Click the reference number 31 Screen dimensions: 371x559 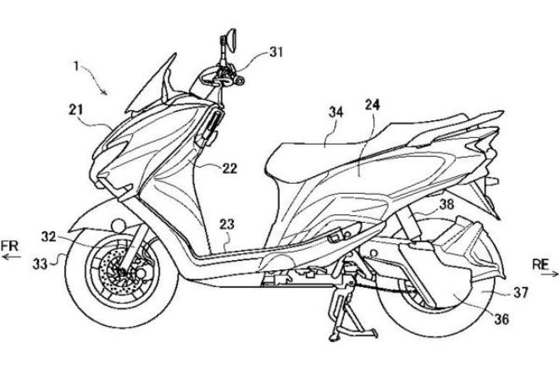pos(276,51)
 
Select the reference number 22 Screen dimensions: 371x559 pos(230,168)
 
